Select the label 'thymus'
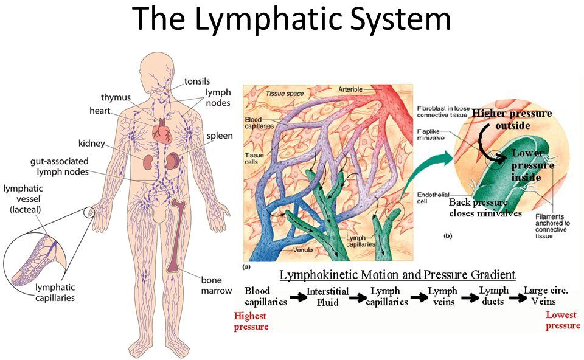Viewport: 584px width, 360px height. (116, 97)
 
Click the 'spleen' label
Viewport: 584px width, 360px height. (220, 136)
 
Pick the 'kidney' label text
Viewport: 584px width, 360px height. (92, 144)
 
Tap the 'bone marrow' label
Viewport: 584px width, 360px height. (217, 285)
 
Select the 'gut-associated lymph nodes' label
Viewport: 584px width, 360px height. (60, 167)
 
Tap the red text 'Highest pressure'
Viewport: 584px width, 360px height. (251, 320)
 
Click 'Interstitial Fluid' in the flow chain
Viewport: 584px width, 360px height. (327, 296)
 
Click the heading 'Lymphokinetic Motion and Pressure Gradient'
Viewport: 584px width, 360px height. (397, 274)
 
